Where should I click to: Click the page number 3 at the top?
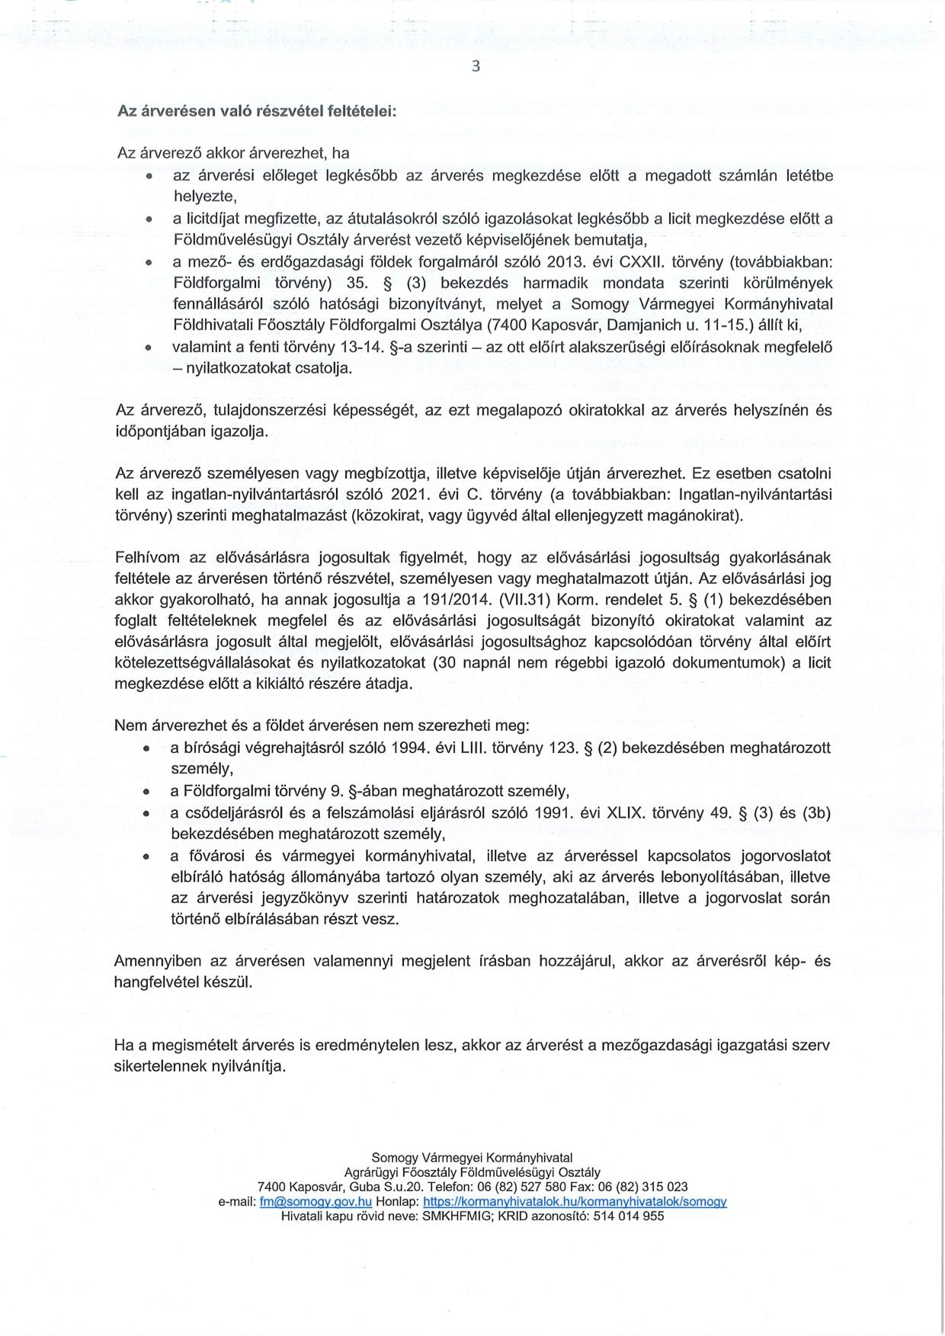click(x=476, y=66)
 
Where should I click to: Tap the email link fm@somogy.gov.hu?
click(x=316, y=1201)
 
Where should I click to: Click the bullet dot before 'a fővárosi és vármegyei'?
click(x=146, y=857)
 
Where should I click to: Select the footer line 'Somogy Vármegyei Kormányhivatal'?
click(x=472, y=1158)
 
